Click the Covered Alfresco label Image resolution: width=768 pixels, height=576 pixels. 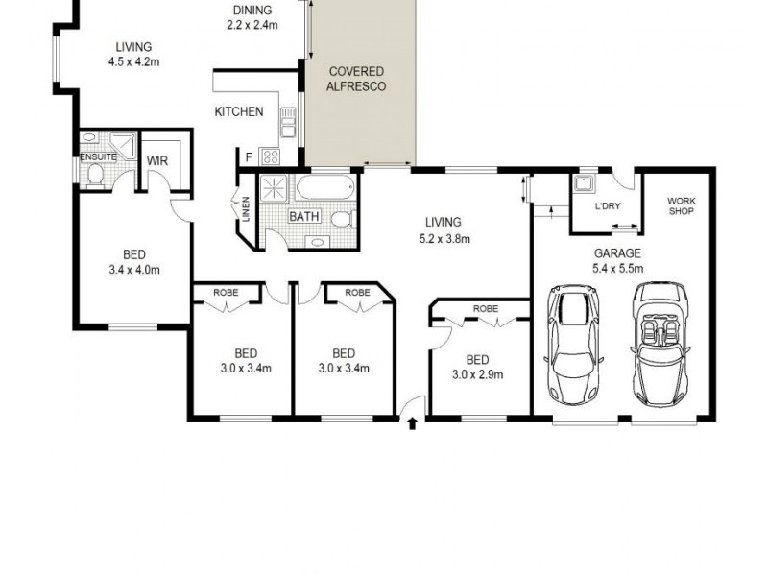pyautogui.click(x=357, y=79)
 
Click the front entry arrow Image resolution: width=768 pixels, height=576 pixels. pyautogui.click(x=413, y=421)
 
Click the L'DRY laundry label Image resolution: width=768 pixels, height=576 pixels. pyautogui.click(x=607, y=206)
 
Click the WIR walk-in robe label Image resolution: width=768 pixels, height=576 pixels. pyautogui.click(x=157, y=161)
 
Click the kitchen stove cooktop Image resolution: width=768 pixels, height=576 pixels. pyautogui.click(x=270, y=156)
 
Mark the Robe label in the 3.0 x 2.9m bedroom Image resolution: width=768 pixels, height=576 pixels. pyautogui.click(x=485, y=309)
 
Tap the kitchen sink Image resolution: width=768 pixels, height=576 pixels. pyautogui.click(x=286, y=121)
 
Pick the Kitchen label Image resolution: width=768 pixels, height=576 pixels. pyautogui.click(x=238, y=111)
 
